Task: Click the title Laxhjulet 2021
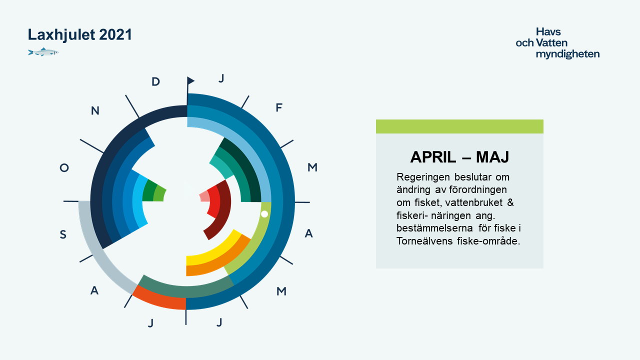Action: coord(79,34)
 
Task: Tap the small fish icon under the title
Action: coord(43,52)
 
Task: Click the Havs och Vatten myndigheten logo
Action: coord(557,43)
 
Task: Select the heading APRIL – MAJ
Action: coord(459,157)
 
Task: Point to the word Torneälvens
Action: coord(424,241)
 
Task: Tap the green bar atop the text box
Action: coord(459,126)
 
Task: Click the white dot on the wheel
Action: coord(264,214)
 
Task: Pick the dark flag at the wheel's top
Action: coord(190,80)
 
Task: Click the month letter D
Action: coord(155,82)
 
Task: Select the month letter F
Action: coord(279,107)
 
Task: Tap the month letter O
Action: coord(64,167)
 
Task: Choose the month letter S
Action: coord(63,234)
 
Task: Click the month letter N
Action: coord(95,110)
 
